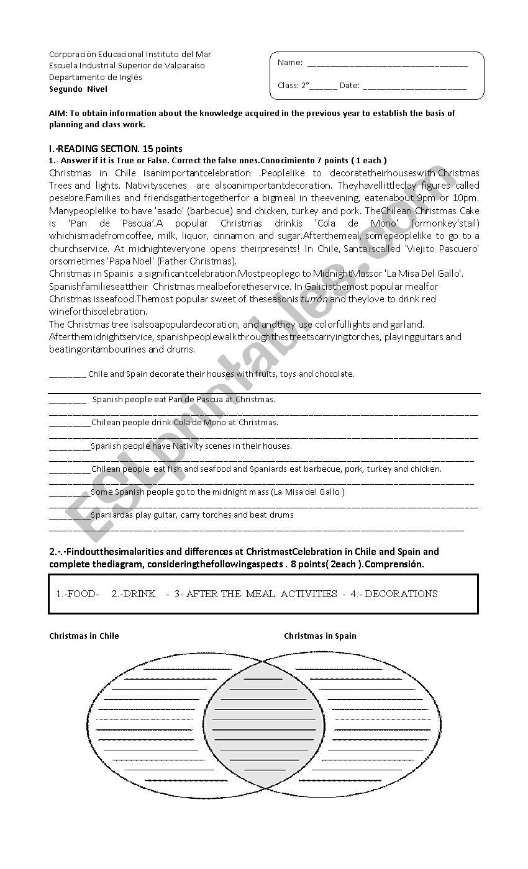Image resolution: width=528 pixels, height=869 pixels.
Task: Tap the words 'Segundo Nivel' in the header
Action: pyautogui.click(x=78, y=89)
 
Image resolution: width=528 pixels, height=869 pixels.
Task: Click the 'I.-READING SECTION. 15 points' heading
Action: pyautogui.click(x=116, y=149)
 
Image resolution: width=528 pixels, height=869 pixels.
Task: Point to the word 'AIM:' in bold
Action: pyautogui.click(x=58, y=113)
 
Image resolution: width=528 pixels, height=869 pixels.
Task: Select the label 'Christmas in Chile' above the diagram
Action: pyautogui.click(x=84, y=636)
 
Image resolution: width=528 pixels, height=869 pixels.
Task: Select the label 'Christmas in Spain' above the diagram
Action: pyautogui.click(x=320, y=636)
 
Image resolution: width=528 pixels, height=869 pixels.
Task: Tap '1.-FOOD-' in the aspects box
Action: pyautogui.click(x=78, y=594)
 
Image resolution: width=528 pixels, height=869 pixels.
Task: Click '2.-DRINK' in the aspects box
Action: pyautogui.click(x=134, y=594)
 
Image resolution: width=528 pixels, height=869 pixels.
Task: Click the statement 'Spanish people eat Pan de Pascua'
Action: pyautogui.click(x=184, y=400)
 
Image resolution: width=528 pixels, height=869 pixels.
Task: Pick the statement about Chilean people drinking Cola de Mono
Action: pyautogui.click(x=184, y=423)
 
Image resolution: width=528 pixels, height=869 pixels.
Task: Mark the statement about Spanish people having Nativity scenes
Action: pyautogui.click(x=191, y=446)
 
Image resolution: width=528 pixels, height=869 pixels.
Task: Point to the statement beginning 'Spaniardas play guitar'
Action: pyautogui.click(x=192, y=515)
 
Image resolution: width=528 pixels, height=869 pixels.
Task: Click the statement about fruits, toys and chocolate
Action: pyautogui.click(x=221, y=374)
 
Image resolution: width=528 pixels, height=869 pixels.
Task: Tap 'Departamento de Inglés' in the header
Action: pyautogui.click(x=96, y=78)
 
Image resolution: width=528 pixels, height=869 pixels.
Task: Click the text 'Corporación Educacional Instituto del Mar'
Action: pyautogui.click(x=130, y=54)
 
